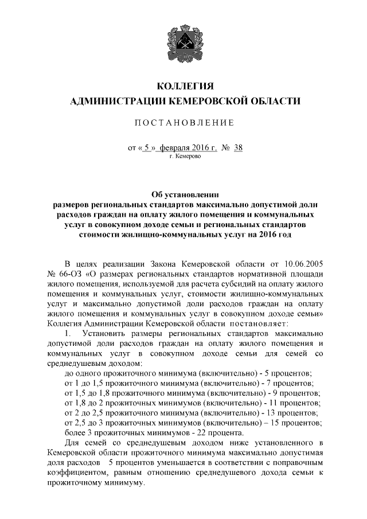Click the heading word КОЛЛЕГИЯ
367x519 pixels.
[x=183, y=87]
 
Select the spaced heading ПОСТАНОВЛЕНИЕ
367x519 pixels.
[x=183, y=123]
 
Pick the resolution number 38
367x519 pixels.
[x=239, y=147]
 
